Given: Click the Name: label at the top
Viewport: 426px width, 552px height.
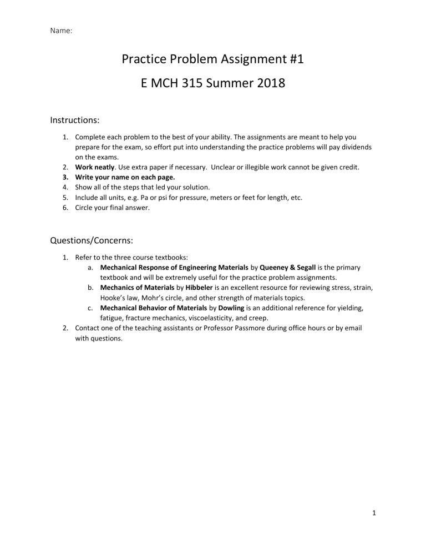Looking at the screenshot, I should (62, 32).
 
